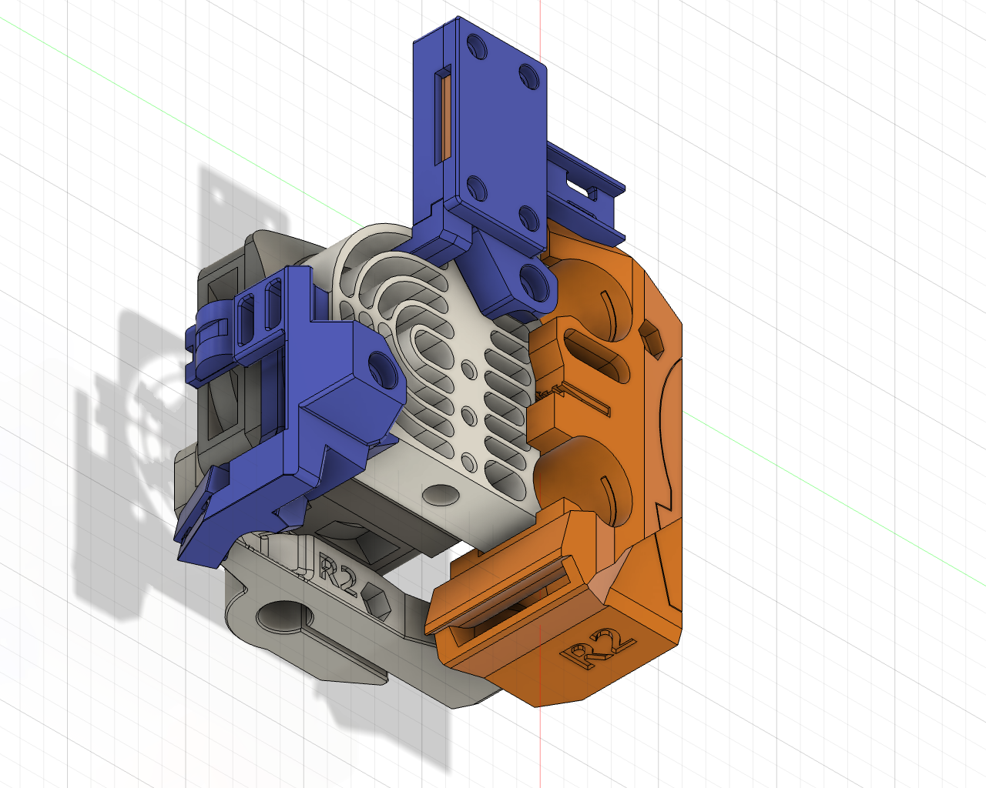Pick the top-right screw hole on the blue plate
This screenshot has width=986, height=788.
pos(529,75)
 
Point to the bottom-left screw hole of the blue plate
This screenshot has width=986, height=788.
pos(477,188)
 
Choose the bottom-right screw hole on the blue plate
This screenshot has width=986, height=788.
pos(529,217)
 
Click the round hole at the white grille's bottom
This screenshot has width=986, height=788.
pos(439,494)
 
